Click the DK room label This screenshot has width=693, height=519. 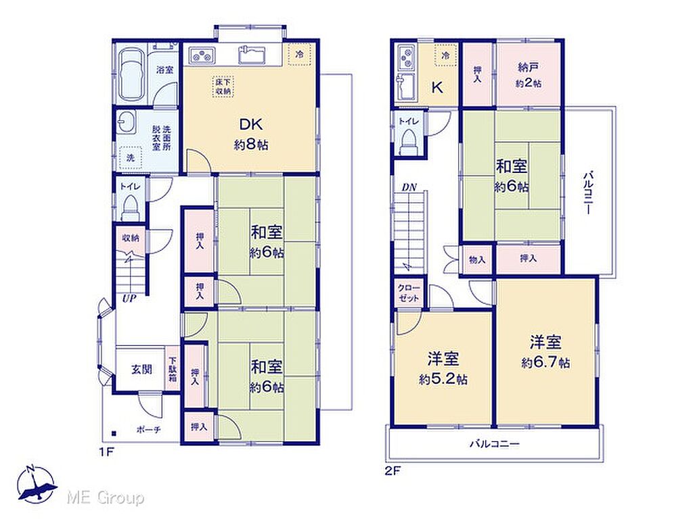pyautogui.click(x=251, y=124)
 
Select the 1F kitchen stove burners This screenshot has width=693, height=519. pyautogui.click(x=202, y=55)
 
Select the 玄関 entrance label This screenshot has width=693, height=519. pyautogui.click(x=141, y=370)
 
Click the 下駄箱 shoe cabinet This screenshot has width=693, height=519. pyautogui.click(x=173, y=368)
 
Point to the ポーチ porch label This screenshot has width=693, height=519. pyautogui.click(x=148, y=429)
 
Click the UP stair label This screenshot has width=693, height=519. pyautogui.click(x=129, y=298)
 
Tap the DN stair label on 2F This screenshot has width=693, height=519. pyautogui.click(x=409, y=187)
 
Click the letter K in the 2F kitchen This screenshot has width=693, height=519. pyautogui.click(x=437, y=87)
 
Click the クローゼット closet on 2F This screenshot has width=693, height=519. pyautogui.click(x=409, y=293)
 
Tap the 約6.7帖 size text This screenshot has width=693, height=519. pyautogui.click(x=545, y=363)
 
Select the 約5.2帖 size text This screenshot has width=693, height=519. pyautogui.click(x=443, y=379)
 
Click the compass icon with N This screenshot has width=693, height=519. pyautogui.click(x=37, y=484)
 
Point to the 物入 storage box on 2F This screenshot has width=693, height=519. pyautogui.click(x=477, y=260)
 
